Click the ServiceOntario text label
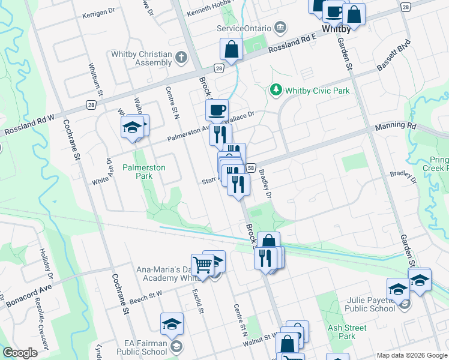[244, 28]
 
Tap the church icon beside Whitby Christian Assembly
[181, 58]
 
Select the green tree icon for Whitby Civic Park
[276, 90]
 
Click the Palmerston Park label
[144, 172]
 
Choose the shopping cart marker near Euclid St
[202, 265]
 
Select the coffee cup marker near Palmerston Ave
[217, 110]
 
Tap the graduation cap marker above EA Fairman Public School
[172, 324]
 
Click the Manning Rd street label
[395, 127]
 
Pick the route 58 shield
[251, 169]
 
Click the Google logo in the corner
[20, 353]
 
